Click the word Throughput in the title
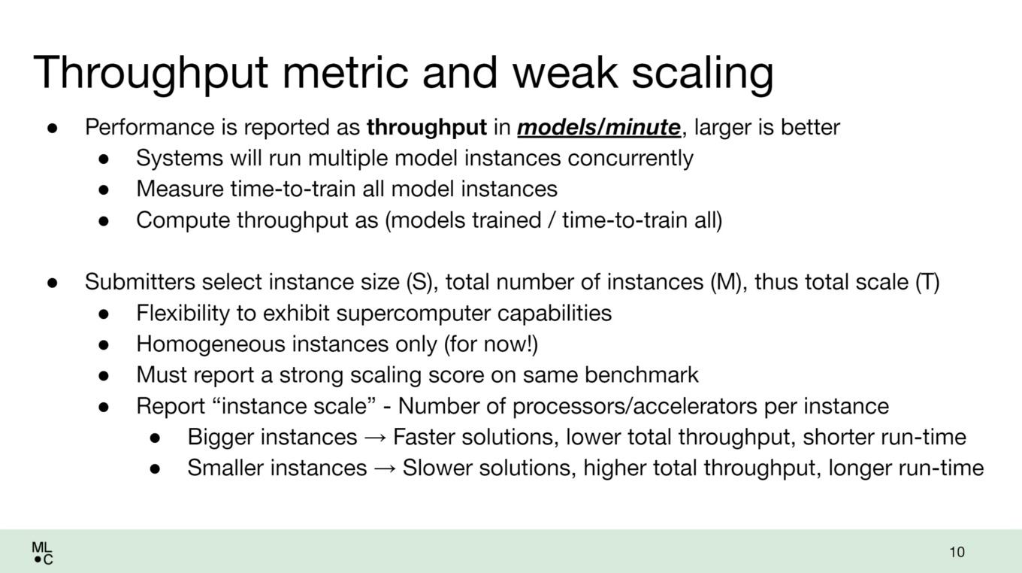tap(150, 74)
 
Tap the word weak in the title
tap(565, 73)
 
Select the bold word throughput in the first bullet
tap(427, 127)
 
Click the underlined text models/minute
tap(599, 127)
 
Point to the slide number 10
tap(957, 552)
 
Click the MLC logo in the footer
tap(42, 553)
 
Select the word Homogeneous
tap(210, 344)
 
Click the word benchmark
tap(642, 374)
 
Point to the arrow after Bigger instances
tap(375, 438)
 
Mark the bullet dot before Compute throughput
tap(104, 221)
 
